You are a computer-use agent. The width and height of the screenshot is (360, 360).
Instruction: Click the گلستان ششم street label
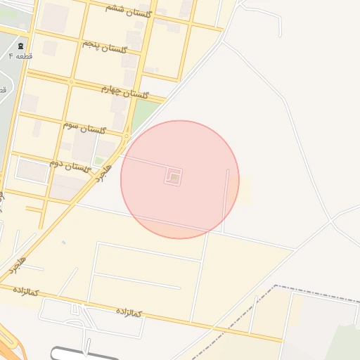click(124, 7)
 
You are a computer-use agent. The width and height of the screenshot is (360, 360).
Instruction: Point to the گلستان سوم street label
click(84, 128)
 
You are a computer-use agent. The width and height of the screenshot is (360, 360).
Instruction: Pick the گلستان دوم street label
click(70, 165)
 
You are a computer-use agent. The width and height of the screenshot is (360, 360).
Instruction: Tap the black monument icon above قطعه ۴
click(20, 46)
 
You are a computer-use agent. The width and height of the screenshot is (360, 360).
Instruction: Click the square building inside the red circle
click(174, 177)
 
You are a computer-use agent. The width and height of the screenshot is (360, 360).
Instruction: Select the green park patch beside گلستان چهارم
click(143, 112)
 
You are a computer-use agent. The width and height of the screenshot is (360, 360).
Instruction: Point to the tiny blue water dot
click(63, 243)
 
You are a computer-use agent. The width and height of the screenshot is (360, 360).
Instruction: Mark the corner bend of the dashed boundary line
click(275, 287)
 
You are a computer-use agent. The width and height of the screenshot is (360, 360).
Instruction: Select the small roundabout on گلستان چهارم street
click(71, 82)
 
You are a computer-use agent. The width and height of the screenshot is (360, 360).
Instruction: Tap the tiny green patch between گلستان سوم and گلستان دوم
click(99, 161)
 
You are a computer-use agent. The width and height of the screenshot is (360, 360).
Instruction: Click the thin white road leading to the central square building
click(144, 162)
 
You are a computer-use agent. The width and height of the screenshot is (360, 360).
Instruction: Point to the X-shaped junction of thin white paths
click(330, 221)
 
